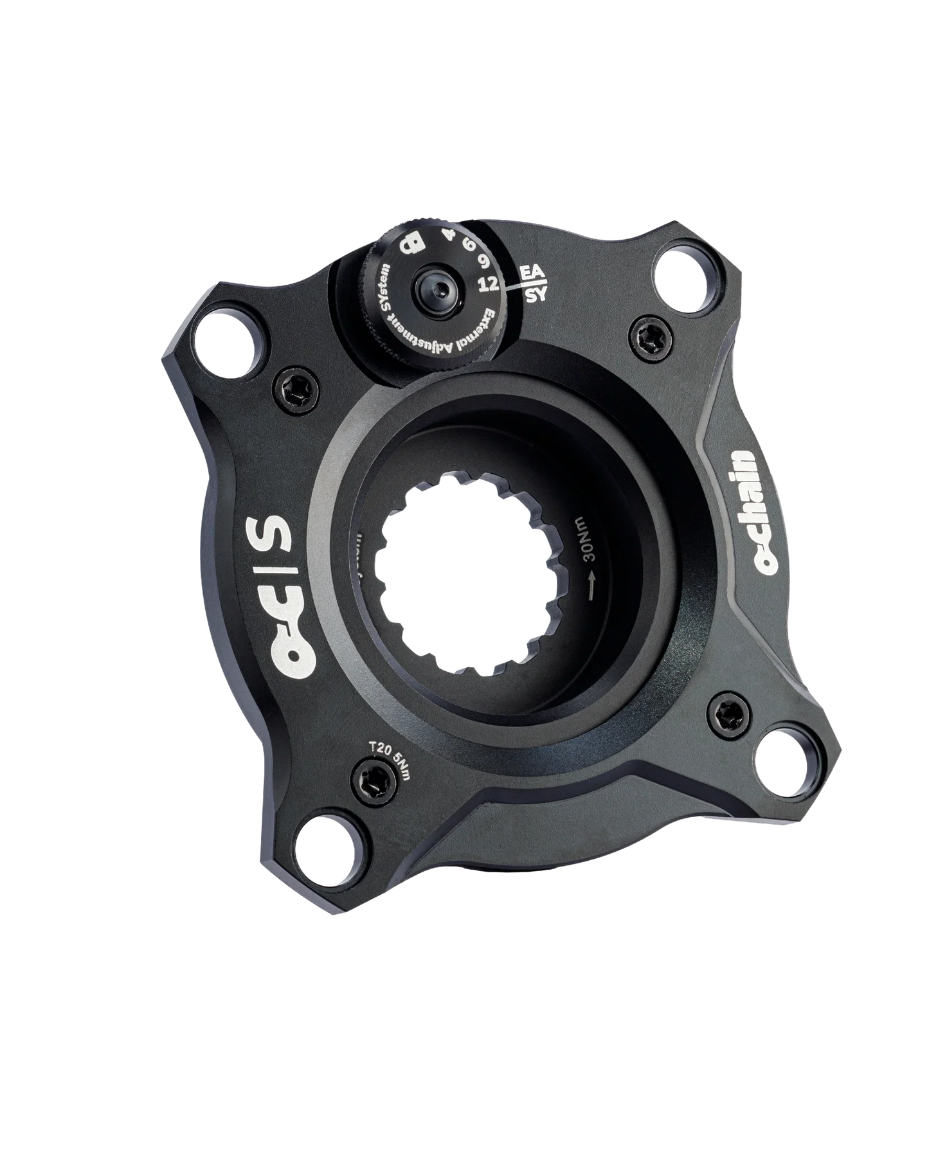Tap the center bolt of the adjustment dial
(x=431, y=283)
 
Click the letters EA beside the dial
(x=534, y=273)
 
